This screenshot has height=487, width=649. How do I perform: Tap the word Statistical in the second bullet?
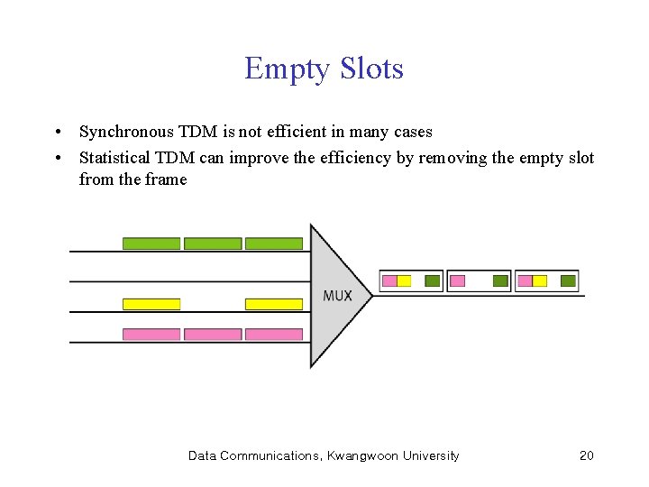[115, 158]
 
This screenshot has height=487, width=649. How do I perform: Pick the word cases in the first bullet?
[412, 133]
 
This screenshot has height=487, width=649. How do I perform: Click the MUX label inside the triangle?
[337, 296]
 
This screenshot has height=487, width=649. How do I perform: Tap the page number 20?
[586, 455]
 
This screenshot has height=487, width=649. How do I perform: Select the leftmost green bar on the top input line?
[151, 243]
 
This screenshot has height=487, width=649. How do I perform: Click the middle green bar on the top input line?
[213, 243]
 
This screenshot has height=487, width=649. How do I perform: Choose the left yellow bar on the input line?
[151, 304]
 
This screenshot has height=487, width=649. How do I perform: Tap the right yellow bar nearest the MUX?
[274, 304]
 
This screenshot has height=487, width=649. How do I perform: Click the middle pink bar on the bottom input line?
[213, 335]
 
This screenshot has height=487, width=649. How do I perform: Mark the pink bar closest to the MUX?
[274, 335]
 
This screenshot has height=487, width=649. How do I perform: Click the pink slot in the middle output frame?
[457, 281]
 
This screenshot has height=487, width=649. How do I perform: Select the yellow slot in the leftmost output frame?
[404, 281]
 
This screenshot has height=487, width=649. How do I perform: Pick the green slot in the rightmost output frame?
[568, 281]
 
